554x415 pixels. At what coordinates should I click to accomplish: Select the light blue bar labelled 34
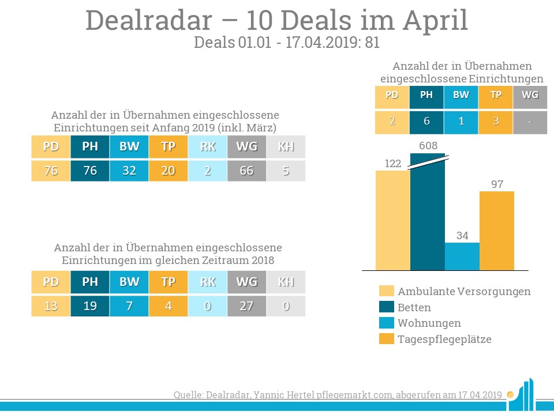pyautogui.click(x=462, y=256)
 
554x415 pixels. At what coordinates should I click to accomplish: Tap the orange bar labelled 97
pyautogui.click(x=496, y=231)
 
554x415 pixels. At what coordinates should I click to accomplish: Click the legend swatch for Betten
pyautogui.click(x=387, y=307)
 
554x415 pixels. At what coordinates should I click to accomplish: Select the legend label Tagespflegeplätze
pyautogui.click(x=444, y=339)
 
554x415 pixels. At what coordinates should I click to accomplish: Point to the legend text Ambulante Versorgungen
pyautogui.click(x=464, y=291)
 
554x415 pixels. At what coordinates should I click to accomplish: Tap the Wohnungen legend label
pyautogui.click(x=429, y=323)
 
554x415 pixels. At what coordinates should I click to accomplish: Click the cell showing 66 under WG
pyautogui.click(x=246, y=171)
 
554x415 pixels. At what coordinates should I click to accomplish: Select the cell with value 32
pyautogui.click(x=129, y=171)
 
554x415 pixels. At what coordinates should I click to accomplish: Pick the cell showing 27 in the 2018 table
pyautogui.click(x=246, y=305)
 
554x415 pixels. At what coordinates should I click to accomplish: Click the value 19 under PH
pyautogui.click(x=89, y=305)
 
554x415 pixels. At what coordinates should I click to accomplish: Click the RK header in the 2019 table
pyautogui.click(x=207, y=146)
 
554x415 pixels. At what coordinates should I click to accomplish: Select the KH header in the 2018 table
pyautogui.click(x=286, y=282)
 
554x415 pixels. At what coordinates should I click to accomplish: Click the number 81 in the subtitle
pyautogui.click(x=372, y=43)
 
